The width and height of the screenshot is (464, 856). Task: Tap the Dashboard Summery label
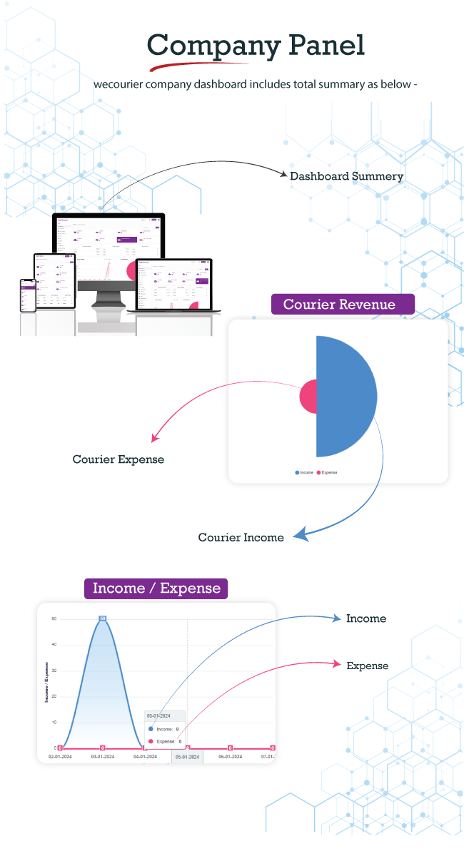click(x=346, y=176)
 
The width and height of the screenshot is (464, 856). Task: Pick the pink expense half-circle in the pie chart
click(x=308, y=397)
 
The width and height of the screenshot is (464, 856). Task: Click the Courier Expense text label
click(x=118, y=459)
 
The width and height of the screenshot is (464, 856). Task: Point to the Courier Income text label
click(x=241, y=537)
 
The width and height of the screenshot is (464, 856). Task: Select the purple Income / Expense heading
click(x=156, y=588)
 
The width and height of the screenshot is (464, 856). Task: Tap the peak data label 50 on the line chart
click(x=103, y=618)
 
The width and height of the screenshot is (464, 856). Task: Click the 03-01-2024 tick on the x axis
click(x=102, y=757)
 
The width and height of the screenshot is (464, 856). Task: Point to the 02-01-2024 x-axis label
click(x=61, y=757)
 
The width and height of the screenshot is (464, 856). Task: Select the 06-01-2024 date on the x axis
click(x=231, y=757)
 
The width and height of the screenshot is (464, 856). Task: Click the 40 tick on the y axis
click(x=54, y=645)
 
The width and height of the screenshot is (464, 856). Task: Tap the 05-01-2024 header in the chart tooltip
click(x=158, y=715)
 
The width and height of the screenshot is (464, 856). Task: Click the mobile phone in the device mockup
click(x=28, y=293)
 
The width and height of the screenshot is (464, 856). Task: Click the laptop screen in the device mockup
click(x=174, y=283)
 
